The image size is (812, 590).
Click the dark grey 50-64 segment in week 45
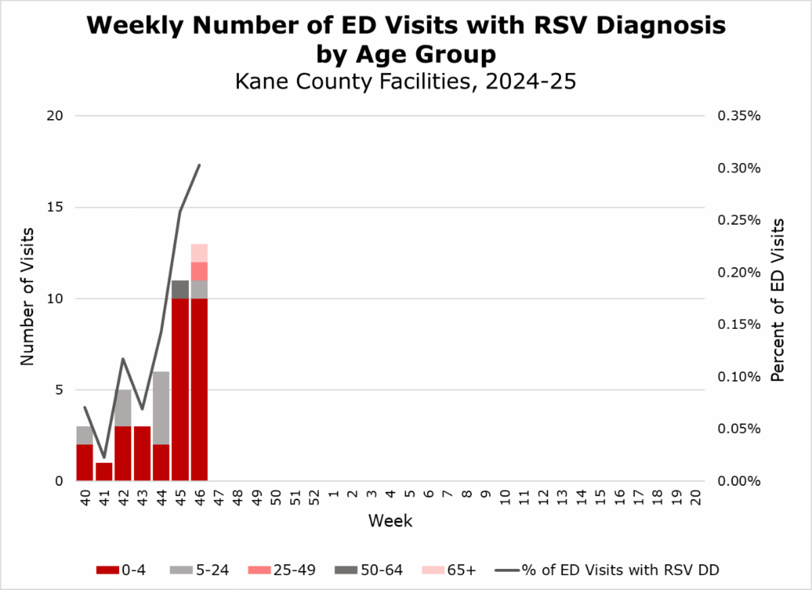tap(180, 289)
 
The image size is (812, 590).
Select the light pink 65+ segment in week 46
tap(199, 253)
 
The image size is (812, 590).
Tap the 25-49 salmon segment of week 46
tap(199, 271)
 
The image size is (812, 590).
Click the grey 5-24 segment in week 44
tap(161, 408)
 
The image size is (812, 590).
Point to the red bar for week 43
tap(142, 453)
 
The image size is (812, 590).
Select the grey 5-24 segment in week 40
tap(85, 435)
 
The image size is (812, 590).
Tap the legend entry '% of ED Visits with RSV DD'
tap(609, 570)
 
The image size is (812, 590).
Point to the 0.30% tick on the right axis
tap(738, 168)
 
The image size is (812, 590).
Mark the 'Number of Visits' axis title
tap(27, 298)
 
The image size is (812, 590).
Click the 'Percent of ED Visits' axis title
tap(778, 299)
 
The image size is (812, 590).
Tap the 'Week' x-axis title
tap(390, 521)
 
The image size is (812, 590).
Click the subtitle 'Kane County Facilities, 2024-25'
tap(405, 82)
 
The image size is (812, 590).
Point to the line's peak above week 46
tap(199, 164)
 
